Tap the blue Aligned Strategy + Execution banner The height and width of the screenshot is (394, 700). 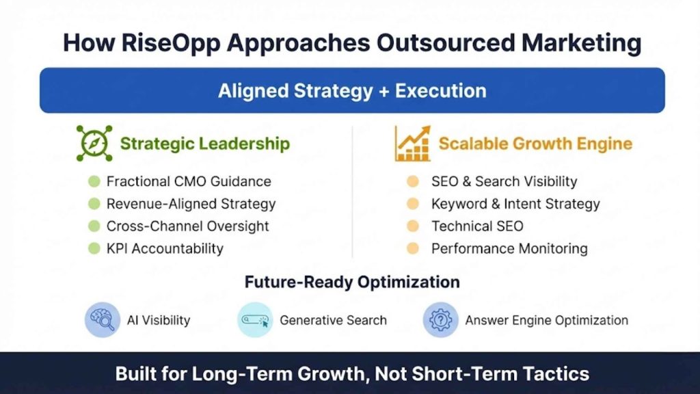[x=352, y=90]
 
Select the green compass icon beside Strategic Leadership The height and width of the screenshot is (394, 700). [x=94, y=143]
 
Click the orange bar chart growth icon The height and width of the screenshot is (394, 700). [x=412, y=143]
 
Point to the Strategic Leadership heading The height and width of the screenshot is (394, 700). [x=204, y=144]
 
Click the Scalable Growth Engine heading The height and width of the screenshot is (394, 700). [x=535, y=144]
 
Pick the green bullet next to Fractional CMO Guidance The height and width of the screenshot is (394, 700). [x=94, y=181]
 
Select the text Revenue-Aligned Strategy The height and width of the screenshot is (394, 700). [x=191, y=204]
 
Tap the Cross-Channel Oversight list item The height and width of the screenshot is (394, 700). [x=187, y=226]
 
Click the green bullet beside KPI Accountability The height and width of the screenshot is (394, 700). [x=94, y=248]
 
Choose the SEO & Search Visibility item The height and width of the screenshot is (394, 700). [x=504, y=181]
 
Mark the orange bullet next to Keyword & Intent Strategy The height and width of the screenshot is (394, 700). [x=412, y=204]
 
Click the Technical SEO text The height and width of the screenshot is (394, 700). [x=477, y=226]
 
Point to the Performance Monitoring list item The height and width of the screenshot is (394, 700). [x=509, y=248]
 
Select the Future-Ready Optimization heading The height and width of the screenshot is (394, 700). [x=352, y=282]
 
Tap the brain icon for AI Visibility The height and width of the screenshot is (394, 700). [x=102, y=319]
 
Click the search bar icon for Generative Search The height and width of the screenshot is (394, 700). [x=255, y=319]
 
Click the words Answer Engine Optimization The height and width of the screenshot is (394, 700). [x=546, y=320]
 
